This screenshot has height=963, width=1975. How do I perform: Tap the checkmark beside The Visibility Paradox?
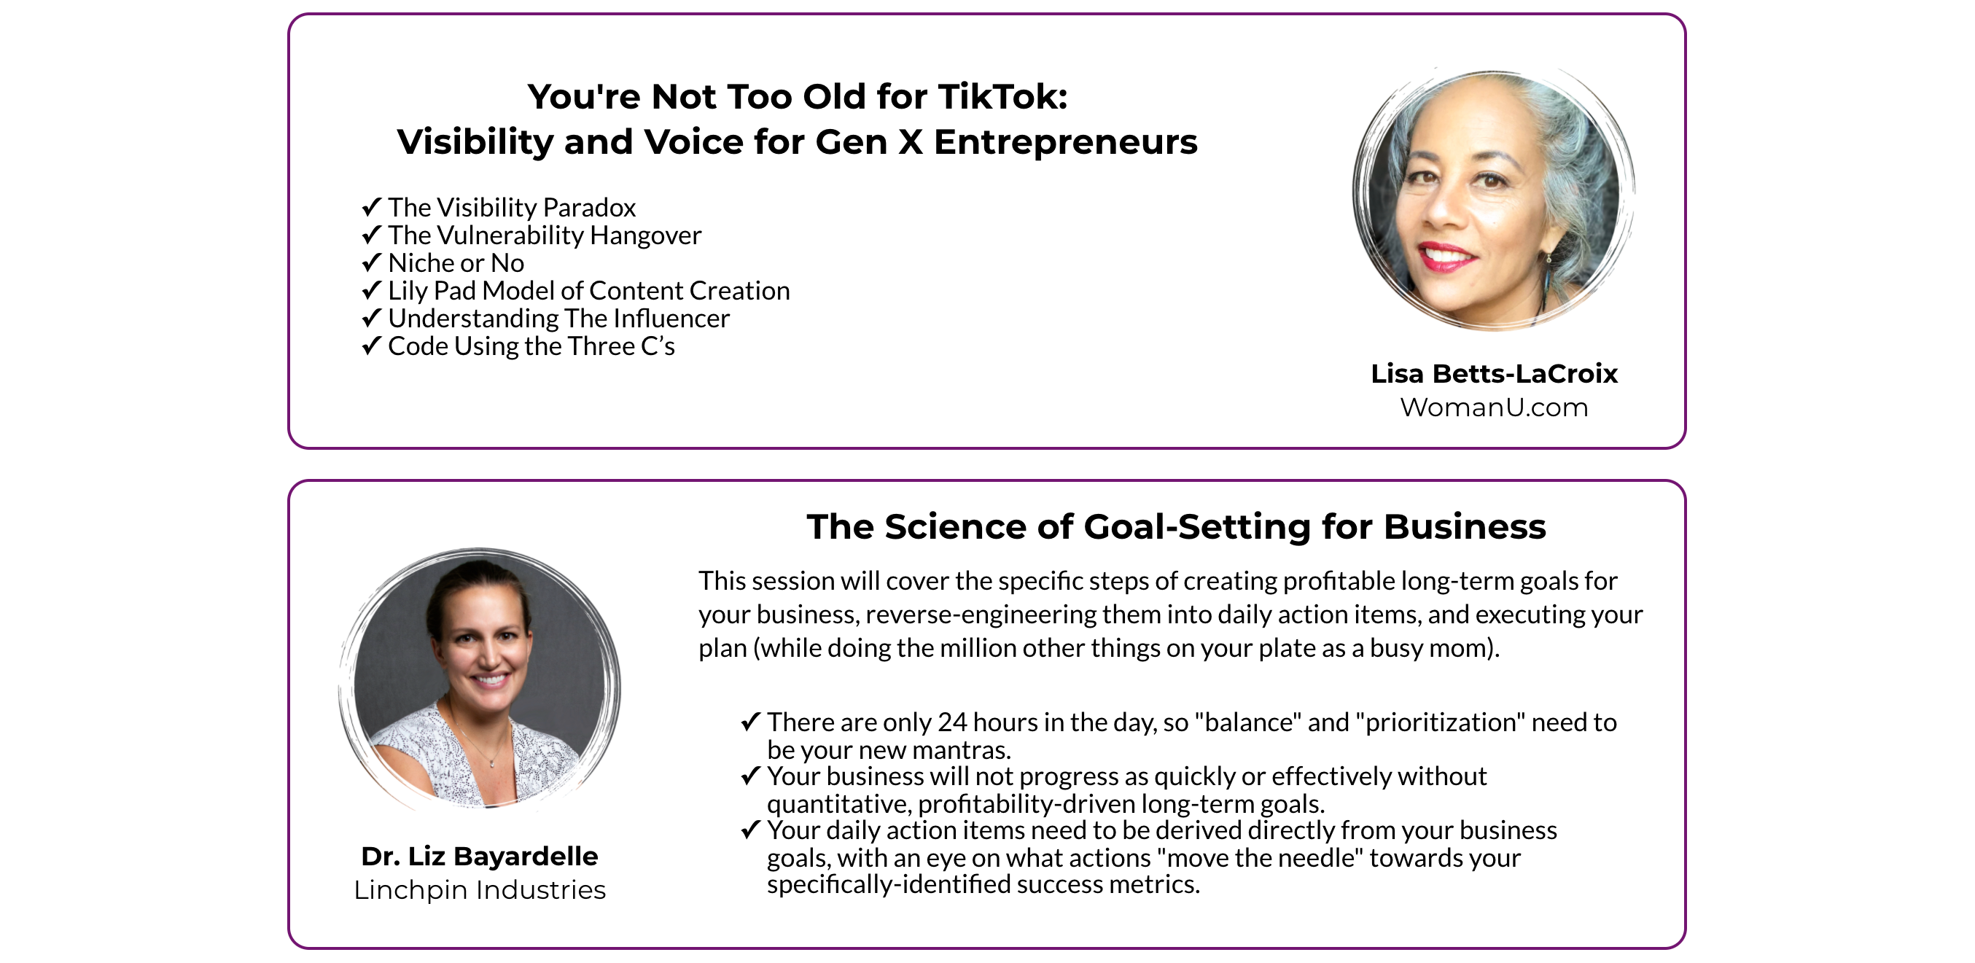coord(371,207)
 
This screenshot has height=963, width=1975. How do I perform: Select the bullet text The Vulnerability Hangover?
coord(545,235)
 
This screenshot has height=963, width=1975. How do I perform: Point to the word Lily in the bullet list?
coord(407,291)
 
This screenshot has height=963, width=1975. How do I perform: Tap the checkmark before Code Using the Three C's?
coord(371,346)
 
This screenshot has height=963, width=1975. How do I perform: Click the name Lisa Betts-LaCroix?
coord(1495,373)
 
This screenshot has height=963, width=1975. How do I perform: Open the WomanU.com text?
coord(1495,407)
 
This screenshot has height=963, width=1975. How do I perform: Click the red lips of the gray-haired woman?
coord(1446,256)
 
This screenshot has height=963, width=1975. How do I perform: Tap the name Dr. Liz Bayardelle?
coord(479,856)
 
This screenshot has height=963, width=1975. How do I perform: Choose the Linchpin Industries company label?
coord(479,889)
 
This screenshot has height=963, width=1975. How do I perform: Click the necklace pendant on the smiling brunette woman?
coord(491,762)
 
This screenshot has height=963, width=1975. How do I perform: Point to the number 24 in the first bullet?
coord(952,722)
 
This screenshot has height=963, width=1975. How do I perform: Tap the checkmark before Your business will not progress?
coord(751,776)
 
